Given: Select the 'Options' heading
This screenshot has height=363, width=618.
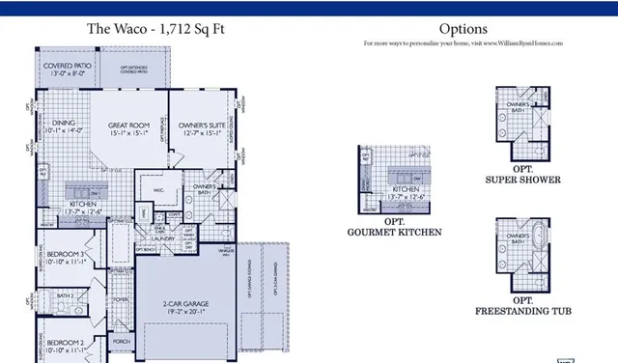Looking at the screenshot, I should tap(463, 29).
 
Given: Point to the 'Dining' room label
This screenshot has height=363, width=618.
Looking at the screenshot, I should tap(64, 126).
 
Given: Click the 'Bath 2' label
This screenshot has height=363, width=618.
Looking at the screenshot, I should tap(65, 295).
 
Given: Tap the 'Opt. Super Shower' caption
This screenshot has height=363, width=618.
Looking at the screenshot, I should tap(522, 175).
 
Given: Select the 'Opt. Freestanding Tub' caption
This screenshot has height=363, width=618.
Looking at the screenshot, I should tap(522, 306).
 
